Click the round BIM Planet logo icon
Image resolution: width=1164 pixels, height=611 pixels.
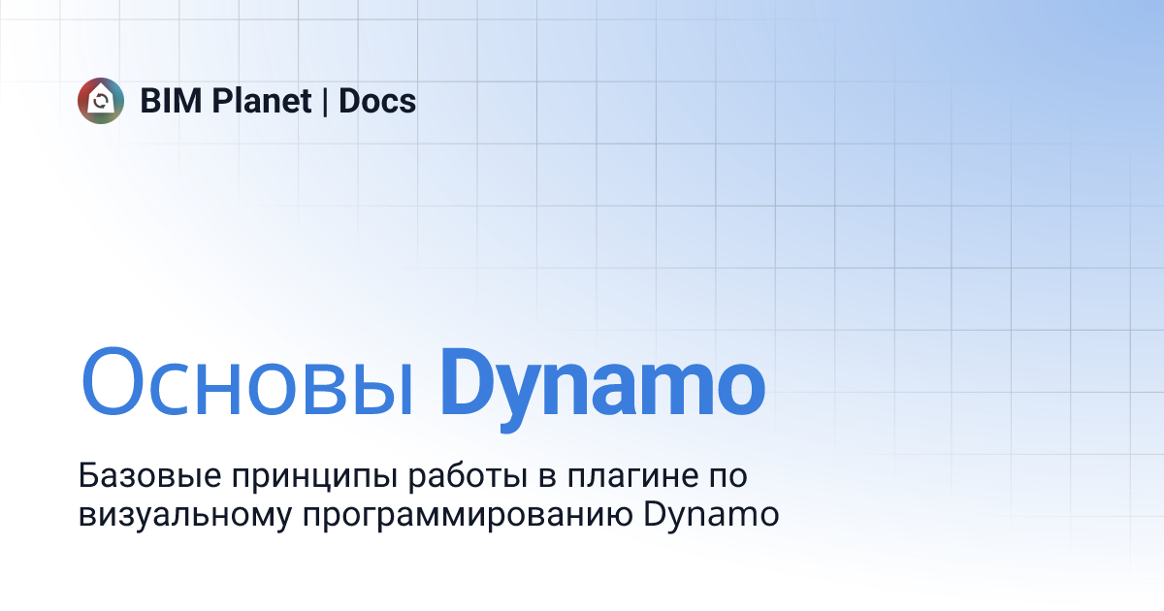point(101,100)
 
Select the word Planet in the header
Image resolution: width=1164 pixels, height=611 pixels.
point(262,101)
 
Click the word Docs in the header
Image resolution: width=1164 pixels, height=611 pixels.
point(377,101)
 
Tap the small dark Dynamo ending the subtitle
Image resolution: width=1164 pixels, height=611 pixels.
point(711,515)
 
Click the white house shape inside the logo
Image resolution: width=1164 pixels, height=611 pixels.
point(101,100)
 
